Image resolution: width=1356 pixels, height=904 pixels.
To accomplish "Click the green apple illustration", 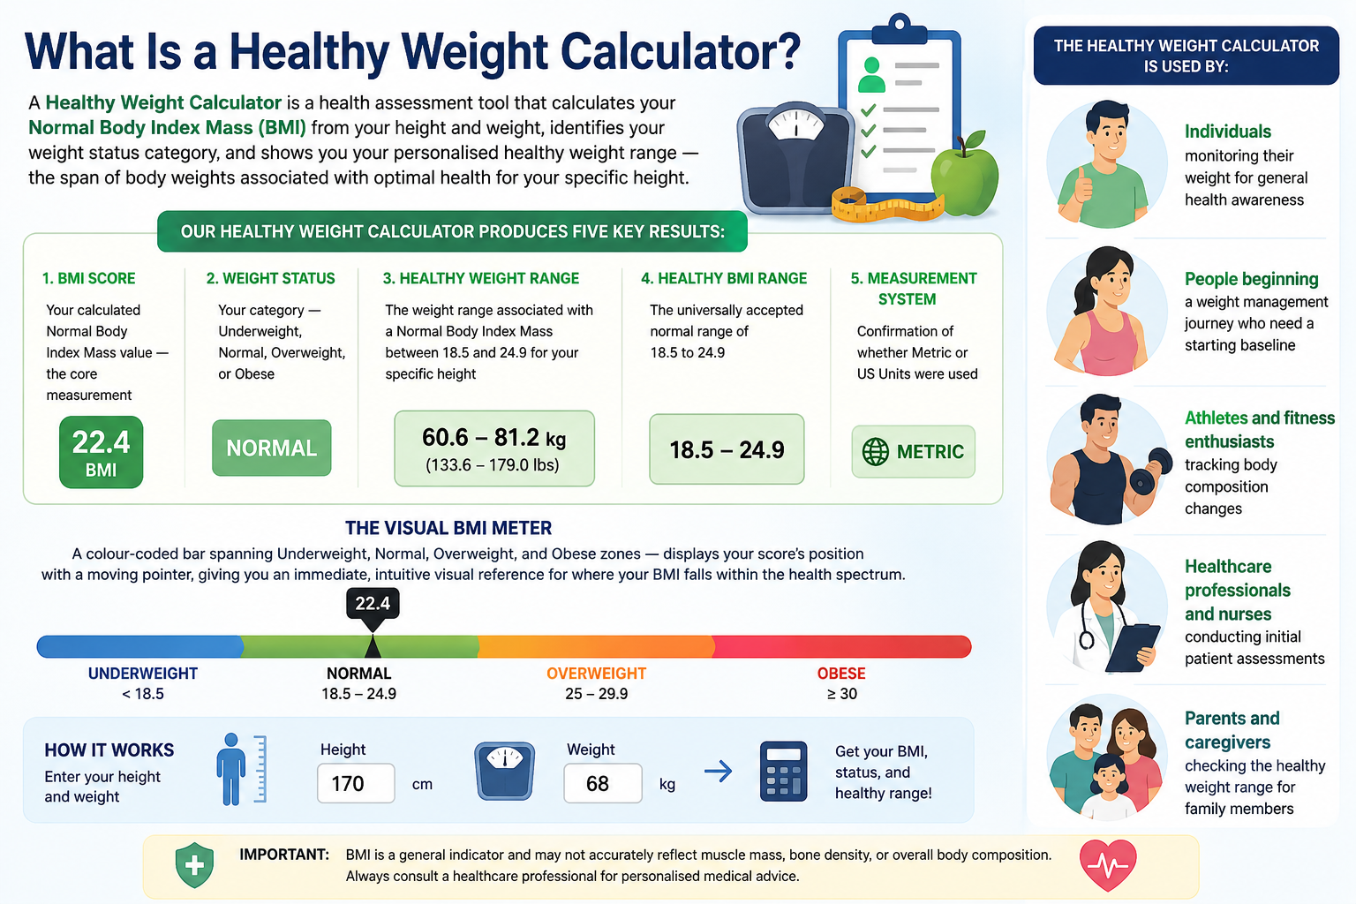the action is (x=964, y=175).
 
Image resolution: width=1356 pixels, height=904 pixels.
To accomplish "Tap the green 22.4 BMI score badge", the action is (x=102, y=452).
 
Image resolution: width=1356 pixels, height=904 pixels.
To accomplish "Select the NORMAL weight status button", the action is (x=272, y=448).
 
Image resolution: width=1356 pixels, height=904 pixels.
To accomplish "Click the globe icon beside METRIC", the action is (x=876, y=452).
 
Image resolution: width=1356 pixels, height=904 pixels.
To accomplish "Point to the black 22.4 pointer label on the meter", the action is (x=373, y=603).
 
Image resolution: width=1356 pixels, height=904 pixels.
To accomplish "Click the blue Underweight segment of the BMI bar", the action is (x=139, y=647).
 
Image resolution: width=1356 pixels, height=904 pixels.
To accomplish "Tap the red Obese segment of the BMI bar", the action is (x=842, y=647).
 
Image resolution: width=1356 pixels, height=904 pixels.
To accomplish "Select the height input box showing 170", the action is (x=356, y=784).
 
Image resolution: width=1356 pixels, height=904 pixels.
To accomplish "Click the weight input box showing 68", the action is (x=603, y=784).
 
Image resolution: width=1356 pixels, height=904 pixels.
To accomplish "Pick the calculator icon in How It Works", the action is (x=783, y=772).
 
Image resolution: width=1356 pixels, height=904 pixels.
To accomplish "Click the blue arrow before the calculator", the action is (x=719, y=772).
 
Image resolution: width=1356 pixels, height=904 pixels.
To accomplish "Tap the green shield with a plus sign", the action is (x=194, y=865).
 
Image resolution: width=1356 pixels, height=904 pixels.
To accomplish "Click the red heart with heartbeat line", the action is (x=1109, y=865).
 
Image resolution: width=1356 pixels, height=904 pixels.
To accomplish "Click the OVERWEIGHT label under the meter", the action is (x=596, y=674).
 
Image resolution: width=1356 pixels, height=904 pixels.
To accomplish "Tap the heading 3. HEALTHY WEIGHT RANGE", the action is (x=480, y=278).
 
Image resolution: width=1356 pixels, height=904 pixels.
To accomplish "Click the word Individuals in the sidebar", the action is (x=1228, y=132).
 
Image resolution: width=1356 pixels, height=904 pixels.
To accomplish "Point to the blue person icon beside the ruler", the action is (x=231, y=769).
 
